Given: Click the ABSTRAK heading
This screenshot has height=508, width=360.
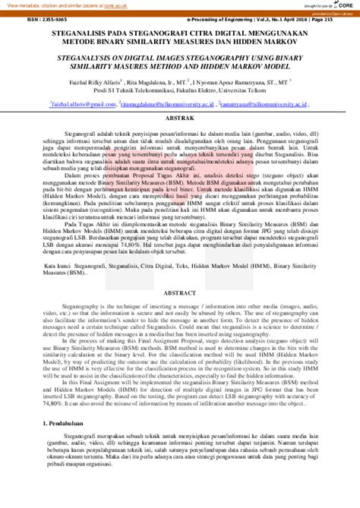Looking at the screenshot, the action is coord(179,119).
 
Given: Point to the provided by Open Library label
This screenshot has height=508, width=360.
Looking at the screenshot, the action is coord(334,14).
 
